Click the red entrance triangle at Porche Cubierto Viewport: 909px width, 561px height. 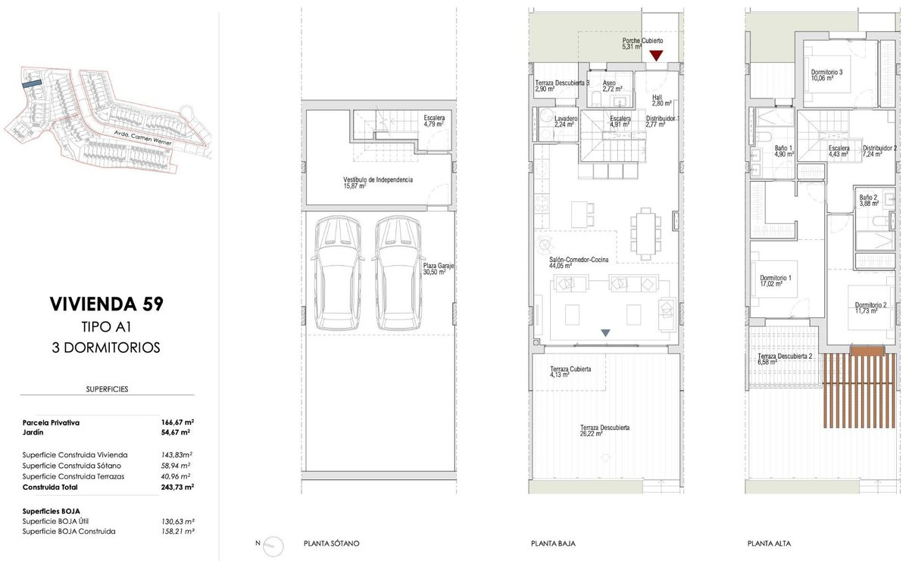coord(656,55)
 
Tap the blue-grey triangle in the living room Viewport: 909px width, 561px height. coord(605,332)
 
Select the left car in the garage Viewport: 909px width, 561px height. coord(337,273)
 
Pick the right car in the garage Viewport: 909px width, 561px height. coord(398,273)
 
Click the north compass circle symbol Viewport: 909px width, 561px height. coord(273,546)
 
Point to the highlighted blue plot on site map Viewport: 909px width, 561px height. coord(32,83)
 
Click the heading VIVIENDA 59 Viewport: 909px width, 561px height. coord(106,304)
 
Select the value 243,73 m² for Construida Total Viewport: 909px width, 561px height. coord(177,487)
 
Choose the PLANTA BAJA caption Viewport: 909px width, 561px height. coord(553,544)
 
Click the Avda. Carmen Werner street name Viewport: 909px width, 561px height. coord(143,138)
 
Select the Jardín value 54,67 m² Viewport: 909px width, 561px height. coord(176,432)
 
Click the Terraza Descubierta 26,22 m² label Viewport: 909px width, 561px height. coord(604,430)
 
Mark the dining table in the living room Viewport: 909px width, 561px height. coord(645,233)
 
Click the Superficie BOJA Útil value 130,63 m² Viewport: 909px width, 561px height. coord(178,522)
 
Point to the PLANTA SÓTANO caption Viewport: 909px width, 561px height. coord(332,544)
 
